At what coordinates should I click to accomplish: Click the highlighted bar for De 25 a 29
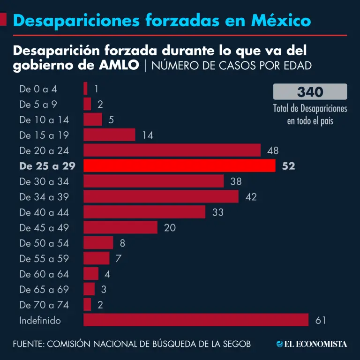(179, 165)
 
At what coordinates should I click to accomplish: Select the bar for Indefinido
(196, 320)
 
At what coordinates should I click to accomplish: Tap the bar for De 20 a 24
(172, 150)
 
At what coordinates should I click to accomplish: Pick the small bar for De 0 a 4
(85, 88)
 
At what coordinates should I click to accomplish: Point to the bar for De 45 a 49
(120, 227)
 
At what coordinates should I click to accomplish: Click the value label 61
(321, 321)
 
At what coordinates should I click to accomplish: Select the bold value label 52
(289, 165)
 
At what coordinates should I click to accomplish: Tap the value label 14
(148, 135)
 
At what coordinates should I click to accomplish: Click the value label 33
(218, 212)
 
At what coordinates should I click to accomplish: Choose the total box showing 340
(310, 91)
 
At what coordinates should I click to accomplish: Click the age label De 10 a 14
(44, 120)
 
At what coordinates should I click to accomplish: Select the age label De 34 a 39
(44, 197)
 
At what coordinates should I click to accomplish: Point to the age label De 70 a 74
(44, 305)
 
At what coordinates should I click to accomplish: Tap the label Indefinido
(40, 321)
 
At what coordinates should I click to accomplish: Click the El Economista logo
(312, 344)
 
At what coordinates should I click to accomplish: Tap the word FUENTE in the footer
(27, 344)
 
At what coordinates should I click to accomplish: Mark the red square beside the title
(3, 20)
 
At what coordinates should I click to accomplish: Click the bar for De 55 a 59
(96, 258)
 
